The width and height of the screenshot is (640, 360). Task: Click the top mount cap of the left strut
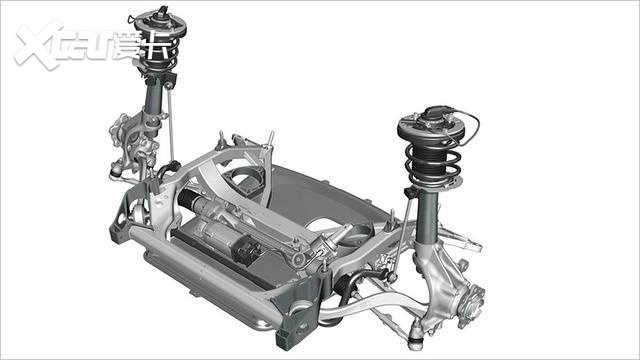pyautogui.click(x=160, y=17)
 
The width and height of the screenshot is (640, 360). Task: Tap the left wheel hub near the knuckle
pyautogui.click(x=118, y=131)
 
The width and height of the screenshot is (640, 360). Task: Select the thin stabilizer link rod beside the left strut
pyautogui.click(x=171, y=122)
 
